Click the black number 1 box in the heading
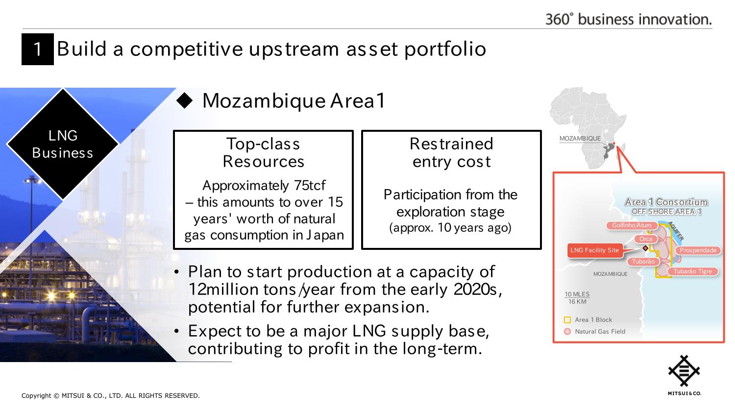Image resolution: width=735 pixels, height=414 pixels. coord(37,49)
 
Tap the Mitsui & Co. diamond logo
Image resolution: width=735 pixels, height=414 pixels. coord(684,371)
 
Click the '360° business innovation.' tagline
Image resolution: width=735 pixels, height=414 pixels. coord(628,20)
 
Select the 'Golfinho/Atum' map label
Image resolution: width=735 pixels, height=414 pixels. coord(632,225)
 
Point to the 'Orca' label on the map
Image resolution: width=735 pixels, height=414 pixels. coord(646,239)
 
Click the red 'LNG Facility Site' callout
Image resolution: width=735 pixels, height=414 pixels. coord(594,250)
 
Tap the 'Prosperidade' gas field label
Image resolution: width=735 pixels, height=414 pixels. coord(698,250)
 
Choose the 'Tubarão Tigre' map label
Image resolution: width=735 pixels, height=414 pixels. coord(693,271)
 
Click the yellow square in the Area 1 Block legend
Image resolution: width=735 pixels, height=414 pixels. coord(567,320)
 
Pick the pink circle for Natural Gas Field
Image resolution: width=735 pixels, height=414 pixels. coord(567,332)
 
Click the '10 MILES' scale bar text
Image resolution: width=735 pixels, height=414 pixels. coord(577,294)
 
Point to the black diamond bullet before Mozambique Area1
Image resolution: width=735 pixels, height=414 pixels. coord(184,100)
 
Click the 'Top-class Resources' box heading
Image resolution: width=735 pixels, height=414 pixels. coord(263,152)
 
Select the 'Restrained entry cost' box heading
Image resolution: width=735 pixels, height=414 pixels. coord(451,152)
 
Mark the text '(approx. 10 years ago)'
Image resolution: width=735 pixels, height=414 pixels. coord(450,228)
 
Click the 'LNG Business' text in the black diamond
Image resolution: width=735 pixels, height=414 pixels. coord(63,145)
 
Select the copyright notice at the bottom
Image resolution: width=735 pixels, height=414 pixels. coord(111,396)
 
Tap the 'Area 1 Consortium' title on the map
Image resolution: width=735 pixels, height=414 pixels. coord(666,202)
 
